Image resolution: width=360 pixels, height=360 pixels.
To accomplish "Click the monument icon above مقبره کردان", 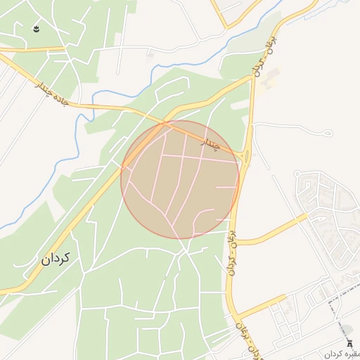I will pyautogui.click(x=351, y=342).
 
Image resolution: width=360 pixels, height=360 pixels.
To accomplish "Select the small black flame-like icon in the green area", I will pyautogui.click(x=37, y=29).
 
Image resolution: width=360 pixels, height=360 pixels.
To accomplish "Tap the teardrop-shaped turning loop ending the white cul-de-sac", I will pyautogui.click(x=328, y=133).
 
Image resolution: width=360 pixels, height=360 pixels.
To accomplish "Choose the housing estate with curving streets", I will pyautogui.click(x=327, y=211).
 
